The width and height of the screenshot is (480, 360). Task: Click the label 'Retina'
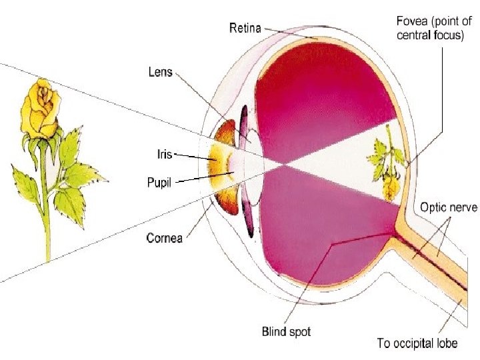click(245, 28)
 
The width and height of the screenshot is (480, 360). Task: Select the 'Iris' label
click(159, 154)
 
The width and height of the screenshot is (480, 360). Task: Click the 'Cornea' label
click(164, 237)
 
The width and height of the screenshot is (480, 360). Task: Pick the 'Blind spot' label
click(285, 331)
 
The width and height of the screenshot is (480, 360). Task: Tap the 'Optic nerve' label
click(447, 207)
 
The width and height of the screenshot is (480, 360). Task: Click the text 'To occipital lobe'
click(417, 343)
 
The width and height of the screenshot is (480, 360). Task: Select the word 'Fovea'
click(409, 21)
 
